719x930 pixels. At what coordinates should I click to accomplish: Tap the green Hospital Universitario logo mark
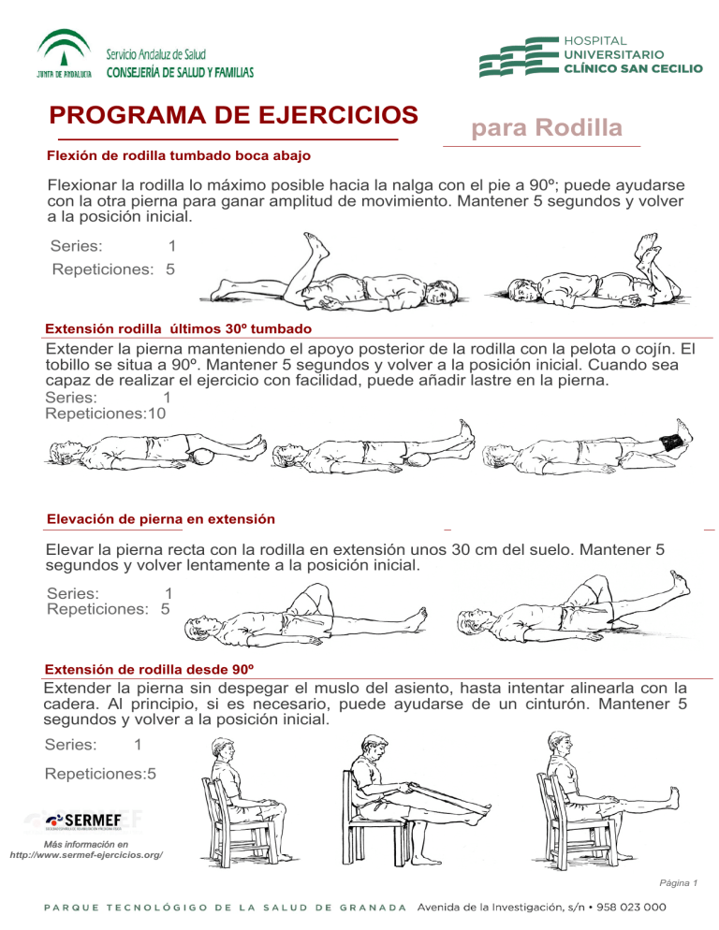[518, 58]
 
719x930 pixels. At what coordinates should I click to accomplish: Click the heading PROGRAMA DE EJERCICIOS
[234, 116]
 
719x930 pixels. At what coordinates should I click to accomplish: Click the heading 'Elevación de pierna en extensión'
[160, 518]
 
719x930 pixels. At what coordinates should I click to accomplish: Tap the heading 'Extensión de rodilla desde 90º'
[150, 671]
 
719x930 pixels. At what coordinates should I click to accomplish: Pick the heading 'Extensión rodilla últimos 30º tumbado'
[178, 329]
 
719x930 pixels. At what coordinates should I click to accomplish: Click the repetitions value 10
[156, 413]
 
